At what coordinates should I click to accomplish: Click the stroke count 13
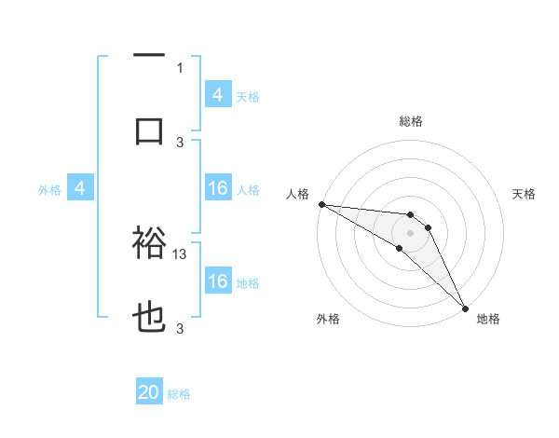click(x=181, y=253)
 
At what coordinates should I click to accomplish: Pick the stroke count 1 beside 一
click(x=180, y=67)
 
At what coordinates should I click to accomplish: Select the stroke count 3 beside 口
click(x=180, y=142)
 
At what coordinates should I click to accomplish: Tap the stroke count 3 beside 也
click(x=180, y=329)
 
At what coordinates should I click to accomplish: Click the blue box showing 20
click(x=149, y=393)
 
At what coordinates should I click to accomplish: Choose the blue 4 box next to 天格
click(x=218, y=94)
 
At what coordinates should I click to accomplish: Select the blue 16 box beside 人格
click(x=218, y=189)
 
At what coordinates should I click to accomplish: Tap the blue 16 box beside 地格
click(x=218, y=281)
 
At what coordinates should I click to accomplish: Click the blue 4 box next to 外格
click(x=80, y=189)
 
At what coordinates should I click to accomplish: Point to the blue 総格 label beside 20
click(x=179, y=394)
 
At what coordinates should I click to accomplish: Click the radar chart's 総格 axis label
click(x=411, y=121)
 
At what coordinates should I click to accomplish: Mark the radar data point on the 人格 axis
click(x=321, y=204)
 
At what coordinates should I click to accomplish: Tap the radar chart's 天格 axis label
click(x=524, y=194)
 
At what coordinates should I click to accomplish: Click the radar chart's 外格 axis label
click(x=328, y=319)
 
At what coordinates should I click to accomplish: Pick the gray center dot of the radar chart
click(x=411, y=232)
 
